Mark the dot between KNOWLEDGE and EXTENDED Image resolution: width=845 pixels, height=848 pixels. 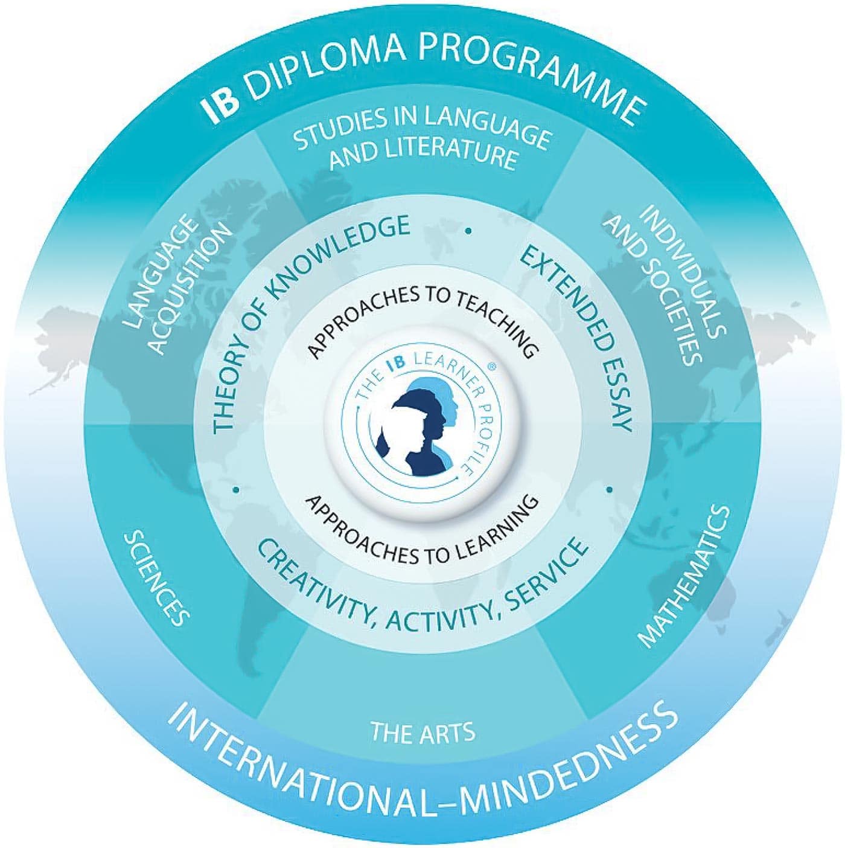point(468,231)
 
